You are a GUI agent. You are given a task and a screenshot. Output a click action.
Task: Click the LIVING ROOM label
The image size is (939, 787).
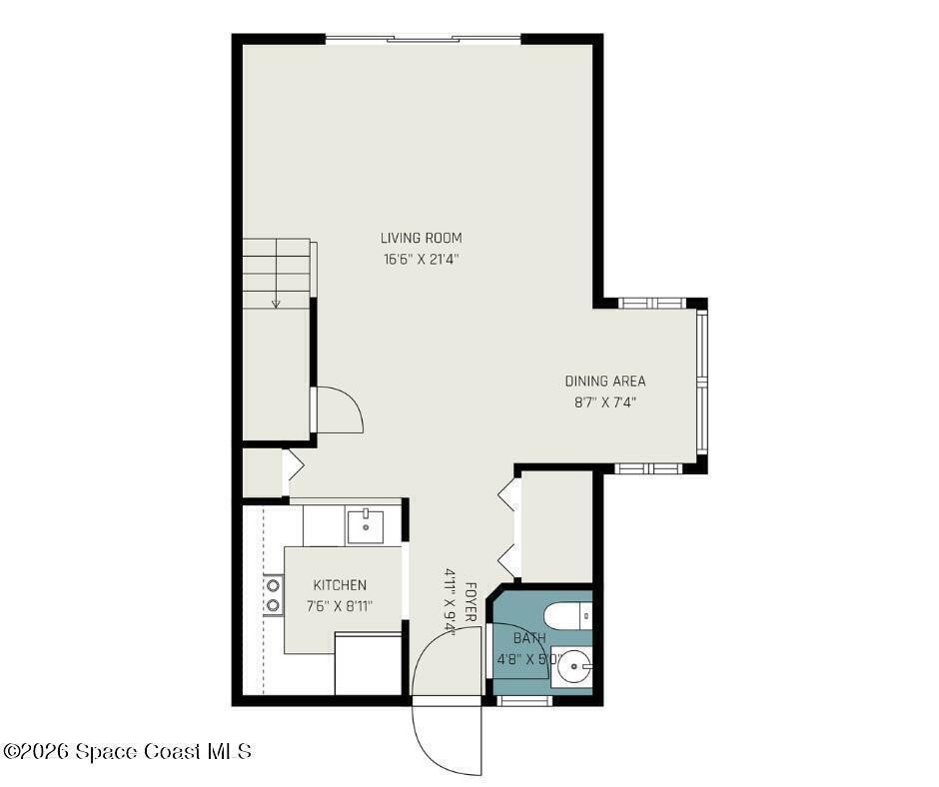pos(421,238)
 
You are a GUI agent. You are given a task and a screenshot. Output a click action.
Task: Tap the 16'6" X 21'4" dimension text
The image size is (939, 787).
pos(421,260)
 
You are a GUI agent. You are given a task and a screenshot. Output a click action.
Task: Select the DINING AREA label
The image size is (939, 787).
pos(605,381)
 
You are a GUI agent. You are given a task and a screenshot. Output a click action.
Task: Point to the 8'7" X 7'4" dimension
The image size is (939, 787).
pos(604,402)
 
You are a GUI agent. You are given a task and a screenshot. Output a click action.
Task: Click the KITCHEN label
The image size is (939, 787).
pos(340,585)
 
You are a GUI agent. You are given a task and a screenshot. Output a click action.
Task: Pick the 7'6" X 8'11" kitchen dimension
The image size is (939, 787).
pos(340,606)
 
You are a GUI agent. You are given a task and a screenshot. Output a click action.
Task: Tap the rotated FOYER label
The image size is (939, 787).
pos(470,601)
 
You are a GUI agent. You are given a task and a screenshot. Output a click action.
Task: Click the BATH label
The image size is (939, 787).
pos(529,638)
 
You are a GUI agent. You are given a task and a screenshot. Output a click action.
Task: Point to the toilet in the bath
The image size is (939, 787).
pos(567,616)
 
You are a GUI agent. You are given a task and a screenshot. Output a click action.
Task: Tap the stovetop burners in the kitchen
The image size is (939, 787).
pos(273,594)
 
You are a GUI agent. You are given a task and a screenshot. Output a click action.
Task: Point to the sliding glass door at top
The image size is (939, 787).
pos(424,40)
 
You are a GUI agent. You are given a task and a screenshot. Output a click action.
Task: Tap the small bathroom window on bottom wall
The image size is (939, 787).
pos(524,701)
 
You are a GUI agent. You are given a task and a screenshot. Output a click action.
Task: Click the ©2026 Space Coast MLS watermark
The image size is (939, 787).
pos(127,751)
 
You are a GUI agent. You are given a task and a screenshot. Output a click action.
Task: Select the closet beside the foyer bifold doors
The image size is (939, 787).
pos(556,525)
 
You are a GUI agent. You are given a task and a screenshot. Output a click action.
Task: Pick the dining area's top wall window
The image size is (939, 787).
pos(651,303)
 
